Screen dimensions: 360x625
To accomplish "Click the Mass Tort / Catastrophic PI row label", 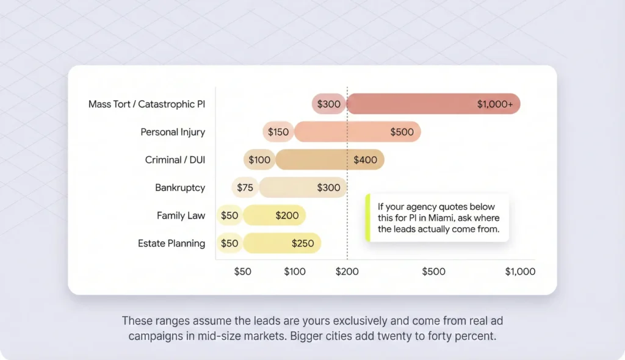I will (146, 104).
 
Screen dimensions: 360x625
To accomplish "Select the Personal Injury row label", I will (173, 132).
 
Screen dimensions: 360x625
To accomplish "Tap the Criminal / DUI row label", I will (175, 160).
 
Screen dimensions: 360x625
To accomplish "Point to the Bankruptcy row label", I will (180, 187).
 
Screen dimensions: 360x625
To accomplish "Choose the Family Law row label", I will (181, 215).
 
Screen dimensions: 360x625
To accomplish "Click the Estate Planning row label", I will (172, 243).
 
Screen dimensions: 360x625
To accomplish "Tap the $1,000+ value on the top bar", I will (495, 104).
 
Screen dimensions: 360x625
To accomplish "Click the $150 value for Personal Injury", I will (278, 132).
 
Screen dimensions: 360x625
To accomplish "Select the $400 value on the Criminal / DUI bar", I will (366, 160).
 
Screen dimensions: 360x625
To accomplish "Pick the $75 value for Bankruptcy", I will (245, 187).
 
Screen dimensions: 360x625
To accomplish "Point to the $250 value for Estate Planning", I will (303, 243).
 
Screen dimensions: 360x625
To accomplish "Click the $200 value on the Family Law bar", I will (287, 215).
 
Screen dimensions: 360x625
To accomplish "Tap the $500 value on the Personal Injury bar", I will (402, 132).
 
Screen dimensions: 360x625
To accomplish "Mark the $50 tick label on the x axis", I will (242, 272).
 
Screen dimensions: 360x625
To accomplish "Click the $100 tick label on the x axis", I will (295, 272).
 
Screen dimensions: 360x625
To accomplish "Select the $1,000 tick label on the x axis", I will (520, 272).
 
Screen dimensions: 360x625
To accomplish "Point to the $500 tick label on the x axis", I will (433, 272).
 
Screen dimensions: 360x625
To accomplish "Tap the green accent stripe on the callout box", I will (367, 218).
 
